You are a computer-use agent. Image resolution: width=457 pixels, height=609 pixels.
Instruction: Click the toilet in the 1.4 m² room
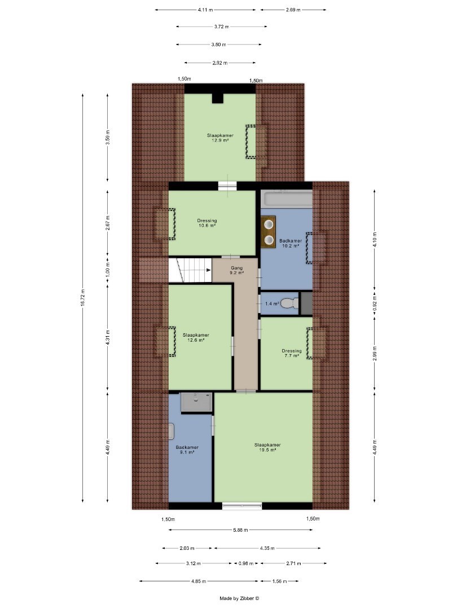click(290, 303)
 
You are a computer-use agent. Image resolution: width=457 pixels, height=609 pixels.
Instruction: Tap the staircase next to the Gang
click(190, 270)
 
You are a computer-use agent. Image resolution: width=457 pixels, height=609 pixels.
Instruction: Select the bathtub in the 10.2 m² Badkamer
click(287, 199)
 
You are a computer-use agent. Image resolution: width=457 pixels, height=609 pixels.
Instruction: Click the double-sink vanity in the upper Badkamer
click(269, 232)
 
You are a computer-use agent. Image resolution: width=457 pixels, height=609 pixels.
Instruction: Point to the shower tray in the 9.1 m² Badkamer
click(197, 403)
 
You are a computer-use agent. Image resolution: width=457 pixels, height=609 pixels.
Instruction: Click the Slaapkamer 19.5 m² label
click(267, 447)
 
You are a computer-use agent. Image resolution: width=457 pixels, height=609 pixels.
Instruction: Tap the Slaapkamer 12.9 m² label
click(220, 138)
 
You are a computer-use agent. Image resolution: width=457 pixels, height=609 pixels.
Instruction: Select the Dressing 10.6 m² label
click(206, 223)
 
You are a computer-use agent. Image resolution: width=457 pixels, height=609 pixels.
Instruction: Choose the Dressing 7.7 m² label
click(292, 353)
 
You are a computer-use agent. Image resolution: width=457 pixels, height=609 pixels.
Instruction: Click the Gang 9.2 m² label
click(236, 270)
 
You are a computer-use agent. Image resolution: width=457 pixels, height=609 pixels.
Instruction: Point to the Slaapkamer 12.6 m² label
click(196, 337)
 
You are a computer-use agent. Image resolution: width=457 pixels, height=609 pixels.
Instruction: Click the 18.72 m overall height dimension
click(83, 298)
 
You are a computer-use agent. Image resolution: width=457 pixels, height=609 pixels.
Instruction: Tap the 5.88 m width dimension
click(240, 529)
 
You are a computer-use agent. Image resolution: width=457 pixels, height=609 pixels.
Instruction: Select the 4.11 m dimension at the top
click(205, 10)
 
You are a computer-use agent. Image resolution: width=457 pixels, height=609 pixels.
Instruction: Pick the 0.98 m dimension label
click(246, 563)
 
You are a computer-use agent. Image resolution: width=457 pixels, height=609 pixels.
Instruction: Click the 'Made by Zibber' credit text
click(239, 598)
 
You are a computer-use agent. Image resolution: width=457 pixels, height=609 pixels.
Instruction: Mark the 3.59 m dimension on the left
click(108, 137)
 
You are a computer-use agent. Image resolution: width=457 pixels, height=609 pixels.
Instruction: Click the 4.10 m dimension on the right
click(375, 239)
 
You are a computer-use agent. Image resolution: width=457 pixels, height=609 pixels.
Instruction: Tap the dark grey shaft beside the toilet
click(306, 303)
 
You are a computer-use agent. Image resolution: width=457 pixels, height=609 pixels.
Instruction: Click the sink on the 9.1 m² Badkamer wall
click(171, 431)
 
